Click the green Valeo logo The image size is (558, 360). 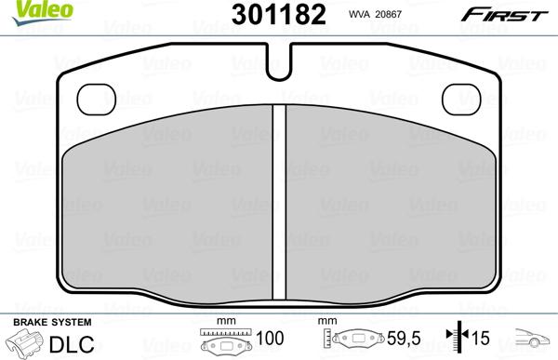pos(25,9)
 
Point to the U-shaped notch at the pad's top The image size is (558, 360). pos(277,64)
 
